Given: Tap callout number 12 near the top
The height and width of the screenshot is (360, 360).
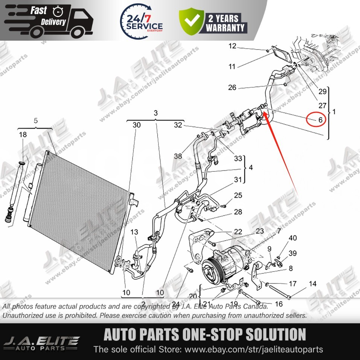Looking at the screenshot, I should tap(232, 46).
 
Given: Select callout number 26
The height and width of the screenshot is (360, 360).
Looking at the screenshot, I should tap(232, 88).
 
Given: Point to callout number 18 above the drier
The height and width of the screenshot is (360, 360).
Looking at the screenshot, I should tap(23, 135).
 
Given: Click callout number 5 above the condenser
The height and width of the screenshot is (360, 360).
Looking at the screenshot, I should tap(36, 121).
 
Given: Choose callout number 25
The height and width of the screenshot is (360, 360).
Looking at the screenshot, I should tap(238, 195).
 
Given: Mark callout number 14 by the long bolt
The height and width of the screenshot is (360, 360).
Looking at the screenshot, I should tap(313, 284).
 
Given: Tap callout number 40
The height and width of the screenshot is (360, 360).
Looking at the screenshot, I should tap(293, 238).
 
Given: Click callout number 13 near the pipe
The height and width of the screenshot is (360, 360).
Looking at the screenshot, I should tap(134, 232).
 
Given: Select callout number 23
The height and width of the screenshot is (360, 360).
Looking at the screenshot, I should tap(260, 231).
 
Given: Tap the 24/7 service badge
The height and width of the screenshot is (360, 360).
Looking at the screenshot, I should tap(142, 20).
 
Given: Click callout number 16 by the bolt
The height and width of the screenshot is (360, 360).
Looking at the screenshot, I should tap(279, 304).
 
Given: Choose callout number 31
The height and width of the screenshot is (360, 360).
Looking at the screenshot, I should tap(238, 180).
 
